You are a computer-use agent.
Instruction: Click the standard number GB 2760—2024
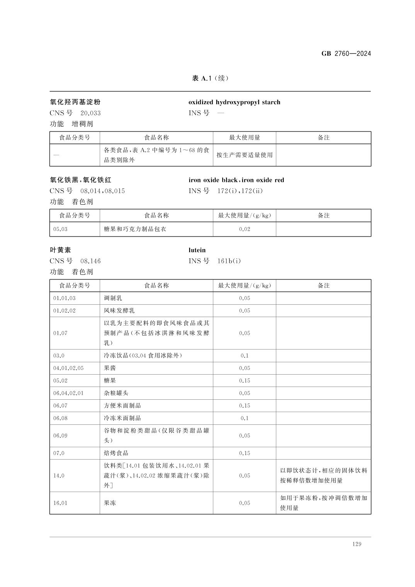[346, 54]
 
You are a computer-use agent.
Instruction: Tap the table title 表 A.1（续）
[211, 78]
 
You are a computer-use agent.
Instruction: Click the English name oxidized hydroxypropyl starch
[234, 102]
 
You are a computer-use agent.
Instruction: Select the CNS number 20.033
[90, 113]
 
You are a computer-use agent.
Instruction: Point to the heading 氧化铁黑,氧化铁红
[81, 180]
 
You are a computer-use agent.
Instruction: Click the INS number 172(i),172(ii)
[240, 191]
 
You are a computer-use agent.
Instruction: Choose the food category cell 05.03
[60, 229]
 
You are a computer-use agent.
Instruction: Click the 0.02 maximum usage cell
[244, 229]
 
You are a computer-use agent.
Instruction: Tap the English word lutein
[197, 250]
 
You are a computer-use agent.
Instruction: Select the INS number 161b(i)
[229, 261]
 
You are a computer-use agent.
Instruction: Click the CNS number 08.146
[90, 261]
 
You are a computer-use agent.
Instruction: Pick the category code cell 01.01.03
[65, 298]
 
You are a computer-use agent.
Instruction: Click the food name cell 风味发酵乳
[119, 310]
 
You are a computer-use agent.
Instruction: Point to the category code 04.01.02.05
[68, 368]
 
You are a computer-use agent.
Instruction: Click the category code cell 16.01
[60, 503]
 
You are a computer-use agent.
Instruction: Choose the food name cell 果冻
[110, 503]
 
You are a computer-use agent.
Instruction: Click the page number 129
[357, 544]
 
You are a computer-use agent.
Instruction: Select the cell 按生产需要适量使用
[244, 155]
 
